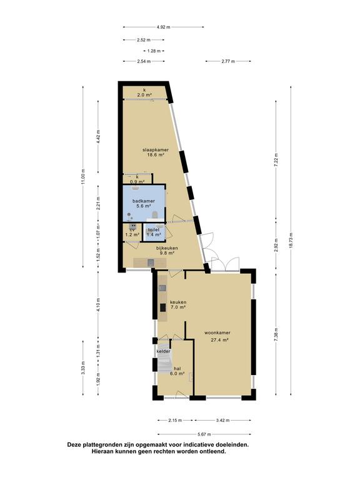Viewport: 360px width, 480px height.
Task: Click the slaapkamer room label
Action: (x=156, y=150)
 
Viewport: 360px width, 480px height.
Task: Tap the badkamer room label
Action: (x=143, y=201)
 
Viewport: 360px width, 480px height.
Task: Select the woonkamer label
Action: (x=217, y=332)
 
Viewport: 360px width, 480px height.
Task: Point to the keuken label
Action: (x=178, y=302)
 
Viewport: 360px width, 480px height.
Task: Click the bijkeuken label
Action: (x=167, y=248)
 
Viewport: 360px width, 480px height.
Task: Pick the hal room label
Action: (x=177, y=368)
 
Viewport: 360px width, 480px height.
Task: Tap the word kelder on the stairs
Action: (x=164, y=351)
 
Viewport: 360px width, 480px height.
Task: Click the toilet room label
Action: (x=154, y=229)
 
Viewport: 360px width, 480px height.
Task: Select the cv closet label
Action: (x=132, y=229)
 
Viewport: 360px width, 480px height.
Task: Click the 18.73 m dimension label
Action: (x=291, y=241)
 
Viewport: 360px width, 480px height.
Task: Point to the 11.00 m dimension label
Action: (x=83, y=177)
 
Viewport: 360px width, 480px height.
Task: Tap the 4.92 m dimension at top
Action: (x=164, y=27)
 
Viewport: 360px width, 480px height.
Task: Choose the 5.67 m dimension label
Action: (x=204, y=434)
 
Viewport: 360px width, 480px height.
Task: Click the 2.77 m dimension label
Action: (x=228, y=61)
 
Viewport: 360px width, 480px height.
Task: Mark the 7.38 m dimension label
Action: (x=276, y=334)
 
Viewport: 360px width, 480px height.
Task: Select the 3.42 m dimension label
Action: (x=222, y=420)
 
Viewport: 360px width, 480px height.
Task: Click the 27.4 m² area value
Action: (x=220, y=339)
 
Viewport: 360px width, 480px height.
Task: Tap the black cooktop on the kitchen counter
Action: (x=163, y=307)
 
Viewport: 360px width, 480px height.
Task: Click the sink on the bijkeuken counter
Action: (x=151, y=262)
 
